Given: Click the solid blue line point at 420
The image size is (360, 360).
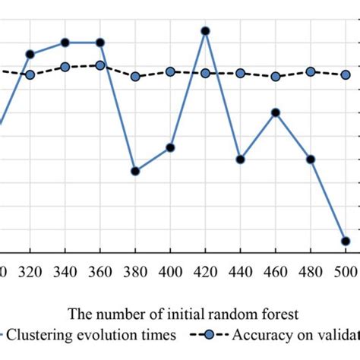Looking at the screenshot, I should (205, 31).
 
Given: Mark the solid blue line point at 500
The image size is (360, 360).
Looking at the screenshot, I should (346, 241).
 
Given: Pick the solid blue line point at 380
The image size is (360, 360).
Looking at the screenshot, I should (135, 172).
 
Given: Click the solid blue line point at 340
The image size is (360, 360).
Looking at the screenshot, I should (65, 43).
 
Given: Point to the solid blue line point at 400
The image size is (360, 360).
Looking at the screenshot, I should (170, 147).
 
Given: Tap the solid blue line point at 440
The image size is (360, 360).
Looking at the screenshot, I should (240, 159).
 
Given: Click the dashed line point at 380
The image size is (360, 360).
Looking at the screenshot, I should (135, 77).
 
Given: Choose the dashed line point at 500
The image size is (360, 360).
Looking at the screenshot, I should (346, 74).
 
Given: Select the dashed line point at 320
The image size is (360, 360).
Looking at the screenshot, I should (30, 75).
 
